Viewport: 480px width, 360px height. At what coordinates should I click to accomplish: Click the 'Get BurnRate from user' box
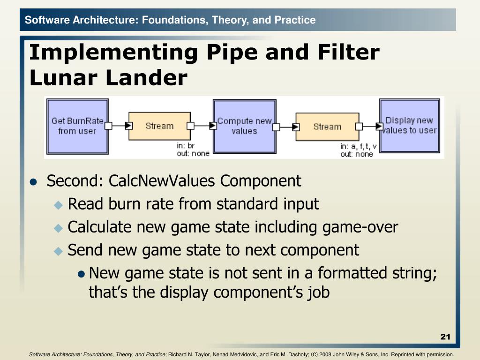[x=77, y=126]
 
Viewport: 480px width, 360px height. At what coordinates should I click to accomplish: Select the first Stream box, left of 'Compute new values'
[x=159, y=126]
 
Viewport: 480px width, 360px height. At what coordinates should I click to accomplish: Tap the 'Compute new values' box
[x=244, y=126]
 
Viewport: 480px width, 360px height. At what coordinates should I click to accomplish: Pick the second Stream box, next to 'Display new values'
[x=327, y=127]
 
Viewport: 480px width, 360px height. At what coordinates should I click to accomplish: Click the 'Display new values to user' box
[x=409, y=125]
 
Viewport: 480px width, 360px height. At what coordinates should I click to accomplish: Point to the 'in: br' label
[x=185, y=146]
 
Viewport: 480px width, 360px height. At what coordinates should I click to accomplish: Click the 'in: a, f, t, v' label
[x=359, y=147]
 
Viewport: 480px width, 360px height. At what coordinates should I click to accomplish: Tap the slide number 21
[x=445, y=337]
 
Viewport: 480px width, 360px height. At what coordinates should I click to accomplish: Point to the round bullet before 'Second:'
[x=33, y=182]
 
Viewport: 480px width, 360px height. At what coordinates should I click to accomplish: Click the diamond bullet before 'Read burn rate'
[x=58, y=205]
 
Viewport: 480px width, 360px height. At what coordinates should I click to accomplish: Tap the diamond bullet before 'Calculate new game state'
[x=58, y=228]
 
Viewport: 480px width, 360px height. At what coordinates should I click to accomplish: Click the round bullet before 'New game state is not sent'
[x=82, y=274]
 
